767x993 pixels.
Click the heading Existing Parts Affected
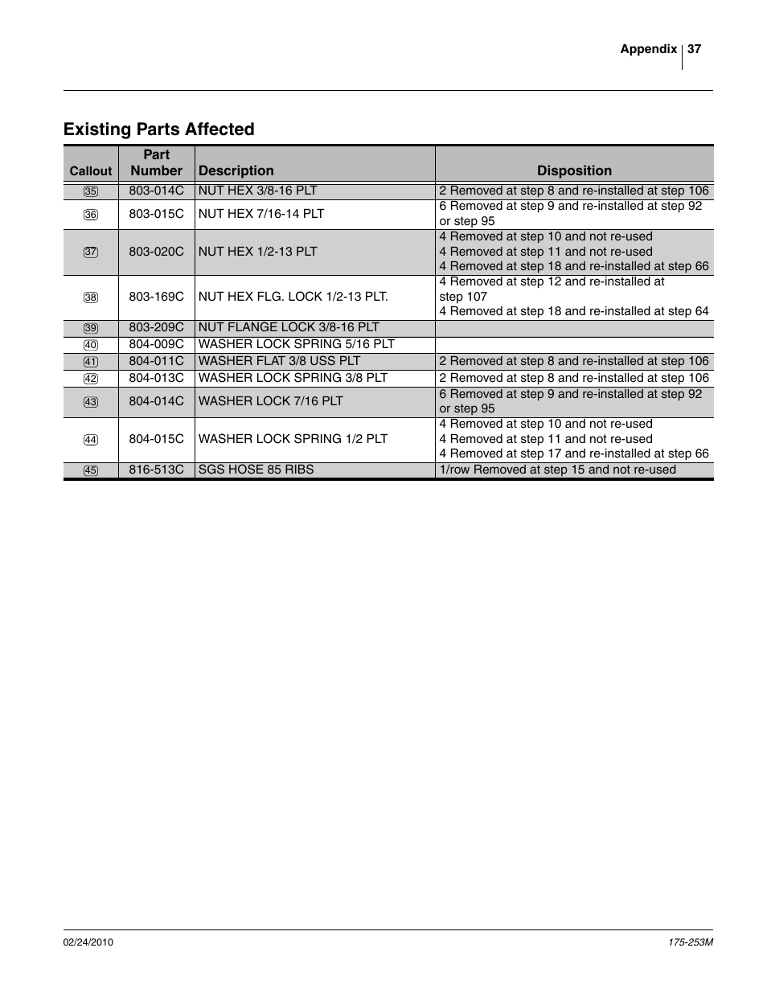click(x=159, y=129)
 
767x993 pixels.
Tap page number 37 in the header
click(x=695, y=49)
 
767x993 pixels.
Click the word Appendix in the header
click(x=648, y=49)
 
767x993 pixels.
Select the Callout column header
click(x=91, y=170)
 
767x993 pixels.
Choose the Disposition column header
click(x=574, y=170)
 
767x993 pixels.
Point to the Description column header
click(x=236, y=170)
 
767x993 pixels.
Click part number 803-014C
click(x=156, y=191)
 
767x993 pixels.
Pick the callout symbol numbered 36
click(x=91, y=215)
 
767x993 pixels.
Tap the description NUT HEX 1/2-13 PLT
click(x=257, y=251)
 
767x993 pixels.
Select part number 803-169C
click(x=156, y=296)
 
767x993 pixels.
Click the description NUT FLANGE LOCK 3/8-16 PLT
click(x=289, y=327)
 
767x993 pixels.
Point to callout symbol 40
click(x=91, y=345)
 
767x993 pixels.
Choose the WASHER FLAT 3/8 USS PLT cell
click(x=279, y=361)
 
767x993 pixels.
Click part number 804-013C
click(x=156, y=378)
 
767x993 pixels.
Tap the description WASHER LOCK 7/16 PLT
click(x=270, y=400)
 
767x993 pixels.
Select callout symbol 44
click(x=91, y=440)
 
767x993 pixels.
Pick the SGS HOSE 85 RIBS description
click(x=256, y=470)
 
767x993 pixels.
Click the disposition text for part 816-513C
click(x=557, y=470)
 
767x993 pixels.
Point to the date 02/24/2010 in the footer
click(x=88, y=942)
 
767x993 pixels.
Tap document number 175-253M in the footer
click(x=691, y=942)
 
